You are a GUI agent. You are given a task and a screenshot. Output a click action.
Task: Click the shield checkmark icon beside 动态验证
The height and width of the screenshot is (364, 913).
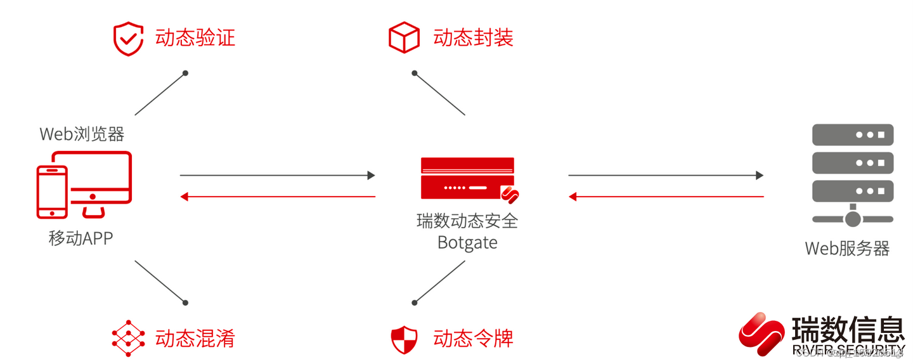pyautogui.click(x=128, y=39)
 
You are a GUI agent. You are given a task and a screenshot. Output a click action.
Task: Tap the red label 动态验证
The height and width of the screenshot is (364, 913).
pyautogui.click(x=195, y=37)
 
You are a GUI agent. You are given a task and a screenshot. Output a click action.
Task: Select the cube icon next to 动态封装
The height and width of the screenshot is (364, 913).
pyautogui.click(x=404, y=37)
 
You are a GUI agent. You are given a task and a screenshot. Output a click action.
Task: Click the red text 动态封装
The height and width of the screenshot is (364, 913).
pyautogui.click(x=473, y=37)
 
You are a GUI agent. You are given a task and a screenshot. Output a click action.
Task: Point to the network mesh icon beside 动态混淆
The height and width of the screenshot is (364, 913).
pyautogui.click(x=128, y=338)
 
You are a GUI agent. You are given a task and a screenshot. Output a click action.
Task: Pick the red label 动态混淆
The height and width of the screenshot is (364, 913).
pyautogui.click(x=195, y=338)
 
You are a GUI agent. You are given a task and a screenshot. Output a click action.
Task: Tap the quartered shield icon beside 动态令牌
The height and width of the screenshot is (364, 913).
pyautogui.click(x=404, y=339)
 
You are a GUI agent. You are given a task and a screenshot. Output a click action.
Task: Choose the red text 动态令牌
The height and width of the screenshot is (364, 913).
pyautogui.click(x=473, y=338)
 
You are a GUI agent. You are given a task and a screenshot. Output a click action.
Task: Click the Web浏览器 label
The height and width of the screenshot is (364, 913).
pyautogui.click(x=82, y=134)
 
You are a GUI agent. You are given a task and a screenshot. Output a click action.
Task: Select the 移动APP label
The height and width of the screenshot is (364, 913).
pyautogui.click(x=81, y=238)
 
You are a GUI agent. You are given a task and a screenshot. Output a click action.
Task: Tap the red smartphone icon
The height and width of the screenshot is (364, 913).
pyautogui.click(x=52, y=192)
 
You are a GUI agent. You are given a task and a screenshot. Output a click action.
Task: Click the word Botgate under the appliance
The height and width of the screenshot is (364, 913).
pyautogui.click(x=467, y=242)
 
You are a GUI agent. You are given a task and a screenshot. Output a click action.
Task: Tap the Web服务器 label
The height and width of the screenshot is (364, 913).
pyautogui.click(x=847, y=248)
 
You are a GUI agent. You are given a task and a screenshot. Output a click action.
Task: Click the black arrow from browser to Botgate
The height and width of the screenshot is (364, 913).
pyautogui.click(x=277, y=175)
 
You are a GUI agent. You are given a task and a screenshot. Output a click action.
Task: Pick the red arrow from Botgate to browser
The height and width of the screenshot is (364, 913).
pyautogui.click(x=277, y=197)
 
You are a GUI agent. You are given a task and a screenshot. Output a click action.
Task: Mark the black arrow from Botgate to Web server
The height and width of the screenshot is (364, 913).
pyautogui.click(x=665, y=175)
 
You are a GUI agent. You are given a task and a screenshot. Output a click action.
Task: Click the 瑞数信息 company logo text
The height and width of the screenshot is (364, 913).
pyautogui.click(x=848, y=330)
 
